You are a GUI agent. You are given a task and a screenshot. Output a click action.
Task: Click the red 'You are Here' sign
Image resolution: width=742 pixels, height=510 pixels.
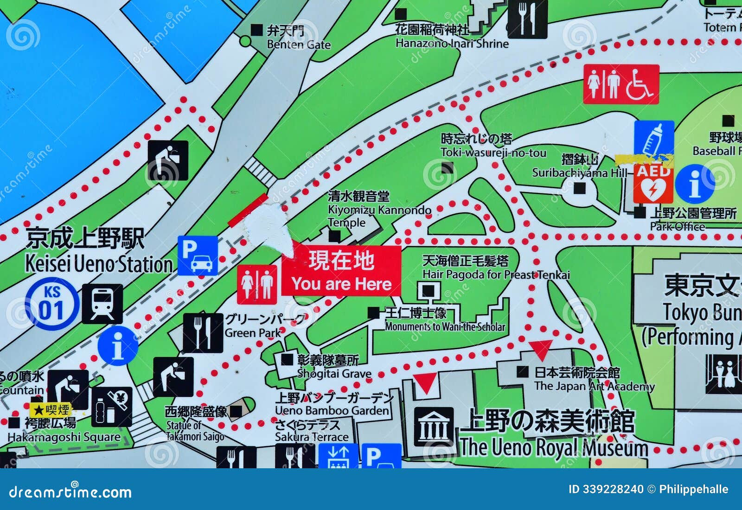[341, 271]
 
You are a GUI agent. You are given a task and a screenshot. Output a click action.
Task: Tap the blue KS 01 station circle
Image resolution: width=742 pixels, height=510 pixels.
[51, 304]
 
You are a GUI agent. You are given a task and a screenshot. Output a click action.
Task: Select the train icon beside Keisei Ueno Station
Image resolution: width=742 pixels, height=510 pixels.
[102, 304]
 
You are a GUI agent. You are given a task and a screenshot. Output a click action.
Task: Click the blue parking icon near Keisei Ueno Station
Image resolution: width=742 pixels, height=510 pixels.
[198, 255]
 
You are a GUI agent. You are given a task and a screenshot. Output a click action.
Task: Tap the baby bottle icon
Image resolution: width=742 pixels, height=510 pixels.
[654, 138]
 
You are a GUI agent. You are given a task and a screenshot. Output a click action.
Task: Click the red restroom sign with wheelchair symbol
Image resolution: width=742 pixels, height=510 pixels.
[621, 84]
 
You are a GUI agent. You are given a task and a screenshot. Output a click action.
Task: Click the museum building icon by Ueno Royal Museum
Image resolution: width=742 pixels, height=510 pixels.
[433, 427]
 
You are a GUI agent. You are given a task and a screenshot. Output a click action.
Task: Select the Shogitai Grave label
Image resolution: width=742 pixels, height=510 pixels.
[334, 367]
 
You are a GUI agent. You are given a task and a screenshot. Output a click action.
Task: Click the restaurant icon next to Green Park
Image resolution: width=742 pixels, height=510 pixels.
[203, 332]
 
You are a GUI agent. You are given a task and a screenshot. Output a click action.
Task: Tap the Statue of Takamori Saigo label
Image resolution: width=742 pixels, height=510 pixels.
[195, 424]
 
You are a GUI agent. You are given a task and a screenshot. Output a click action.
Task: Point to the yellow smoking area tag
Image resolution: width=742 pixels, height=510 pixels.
[51, 410]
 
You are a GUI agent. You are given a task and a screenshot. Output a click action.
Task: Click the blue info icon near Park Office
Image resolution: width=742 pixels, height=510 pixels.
[694, 184]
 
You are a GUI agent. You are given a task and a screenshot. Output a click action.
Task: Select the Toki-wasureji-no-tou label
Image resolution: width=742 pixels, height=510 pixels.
[493, 146]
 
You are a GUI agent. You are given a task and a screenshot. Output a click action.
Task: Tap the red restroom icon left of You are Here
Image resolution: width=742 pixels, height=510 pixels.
[256, 284]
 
